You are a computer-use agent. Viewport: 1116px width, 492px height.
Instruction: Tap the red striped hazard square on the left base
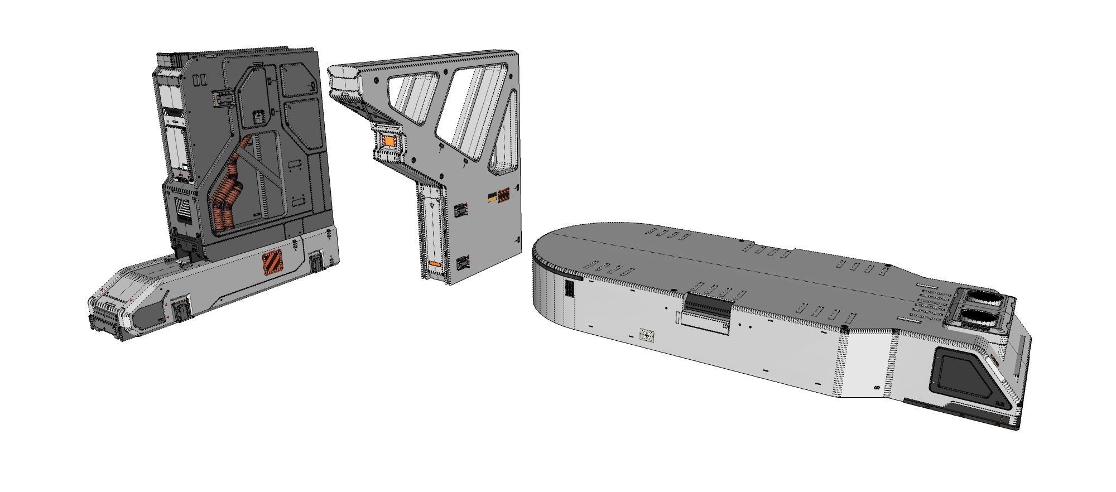pos(273,263)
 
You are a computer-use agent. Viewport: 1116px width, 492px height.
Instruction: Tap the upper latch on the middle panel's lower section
pos(461,210)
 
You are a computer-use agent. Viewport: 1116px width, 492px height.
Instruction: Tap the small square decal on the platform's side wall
pos(647,335)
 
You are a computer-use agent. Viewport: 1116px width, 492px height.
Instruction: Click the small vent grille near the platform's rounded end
pos(570,288)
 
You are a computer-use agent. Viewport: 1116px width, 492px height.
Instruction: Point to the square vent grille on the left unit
pos(182,209)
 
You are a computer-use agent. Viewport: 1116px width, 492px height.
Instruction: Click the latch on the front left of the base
pos(182,309)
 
